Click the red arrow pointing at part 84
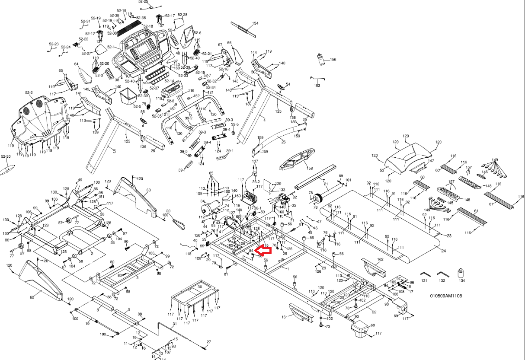pos(263,250)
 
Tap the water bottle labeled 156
pos(320,59)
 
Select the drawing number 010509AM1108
pos(446,296)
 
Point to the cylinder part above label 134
pos(461,273)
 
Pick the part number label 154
pos(255,23)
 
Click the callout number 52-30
pos(6,156)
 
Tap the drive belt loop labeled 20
pos(177,223)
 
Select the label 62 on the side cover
pos(32,297)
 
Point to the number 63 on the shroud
pos(148,190)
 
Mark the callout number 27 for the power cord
pos(208,342)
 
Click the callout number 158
pos(309,168)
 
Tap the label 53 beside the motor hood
pos(382,171)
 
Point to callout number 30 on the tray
pos(199,287)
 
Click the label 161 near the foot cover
pos(284,317)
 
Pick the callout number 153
pos(317,86)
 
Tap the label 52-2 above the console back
pos(29,92)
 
